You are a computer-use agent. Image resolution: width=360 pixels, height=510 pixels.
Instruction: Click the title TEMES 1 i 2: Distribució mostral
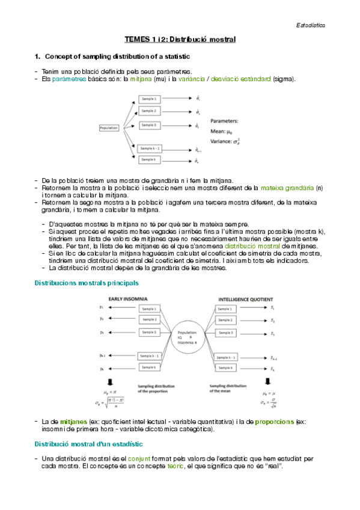[180, 39]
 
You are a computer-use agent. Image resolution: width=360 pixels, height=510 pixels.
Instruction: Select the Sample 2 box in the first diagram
[150, 111]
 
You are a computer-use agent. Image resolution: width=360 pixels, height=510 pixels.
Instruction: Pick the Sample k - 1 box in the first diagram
[150, 147]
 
